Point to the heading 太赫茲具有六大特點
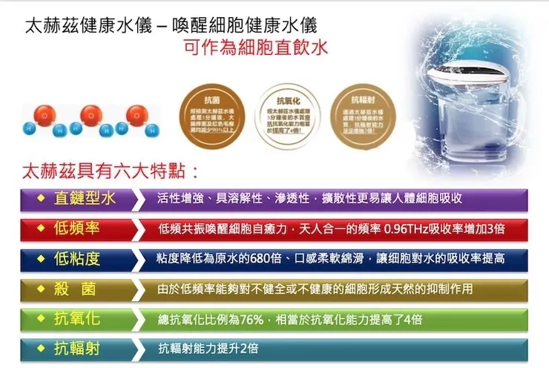click(111, 172)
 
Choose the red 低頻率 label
click(77, 228)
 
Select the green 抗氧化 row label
click(77, 319)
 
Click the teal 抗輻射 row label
click(77, 348)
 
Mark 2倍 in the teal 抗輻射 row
click(249, 348)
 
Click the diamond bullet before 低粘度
click(43, 259)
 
